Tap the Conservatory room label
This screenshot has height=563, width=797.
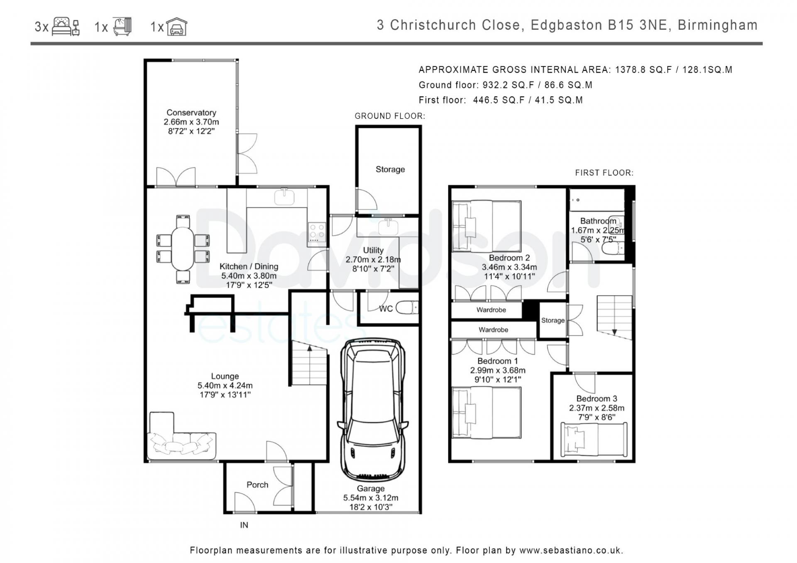tap(191, 112)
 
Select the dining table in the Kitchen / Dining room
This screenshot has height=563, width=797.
tap(183, 248)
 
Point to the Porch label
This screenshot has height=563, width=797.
tap(257, 485)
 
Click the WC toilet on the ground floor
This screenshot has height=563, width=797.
tap(407, 308)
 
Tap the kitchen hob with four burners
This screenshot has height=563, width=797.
tap(317, 233)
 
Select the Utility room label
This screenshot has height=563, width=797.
tap(373, 250)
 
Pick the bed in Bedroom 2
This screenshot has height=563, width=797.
tap(486, 226)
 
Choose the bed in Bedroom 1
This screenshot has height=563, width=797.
tap(486, 412)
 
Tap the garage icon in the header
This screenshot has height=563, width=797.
tap(177, 27)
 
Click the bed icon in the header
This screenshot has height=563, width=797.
tap(66, 27)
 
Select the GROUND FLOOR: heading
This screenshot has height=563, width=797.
tap(390, 116)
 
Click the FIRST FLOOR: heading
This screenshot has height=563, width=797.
tap(604, 173)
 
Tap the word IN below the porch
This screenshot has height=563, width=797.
tap(244, 525)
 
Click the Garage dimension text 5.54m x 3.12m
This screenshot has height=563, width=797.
tap(371, 498)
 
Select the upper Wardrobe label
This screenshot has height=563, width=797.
tap(491, 310)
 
